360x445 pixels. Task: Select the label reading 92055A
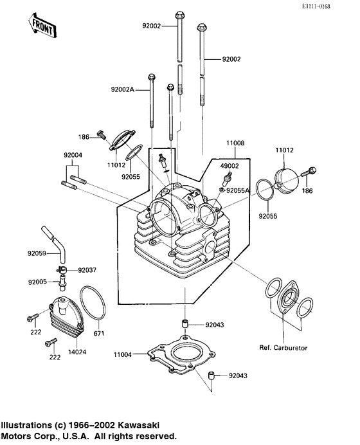pos(242,191)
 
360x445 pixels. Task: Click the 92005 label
pos(37,282)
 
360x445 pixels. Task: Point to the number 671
pos(98,334)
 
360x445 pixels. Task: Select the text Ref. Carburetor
pos(283,348)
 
